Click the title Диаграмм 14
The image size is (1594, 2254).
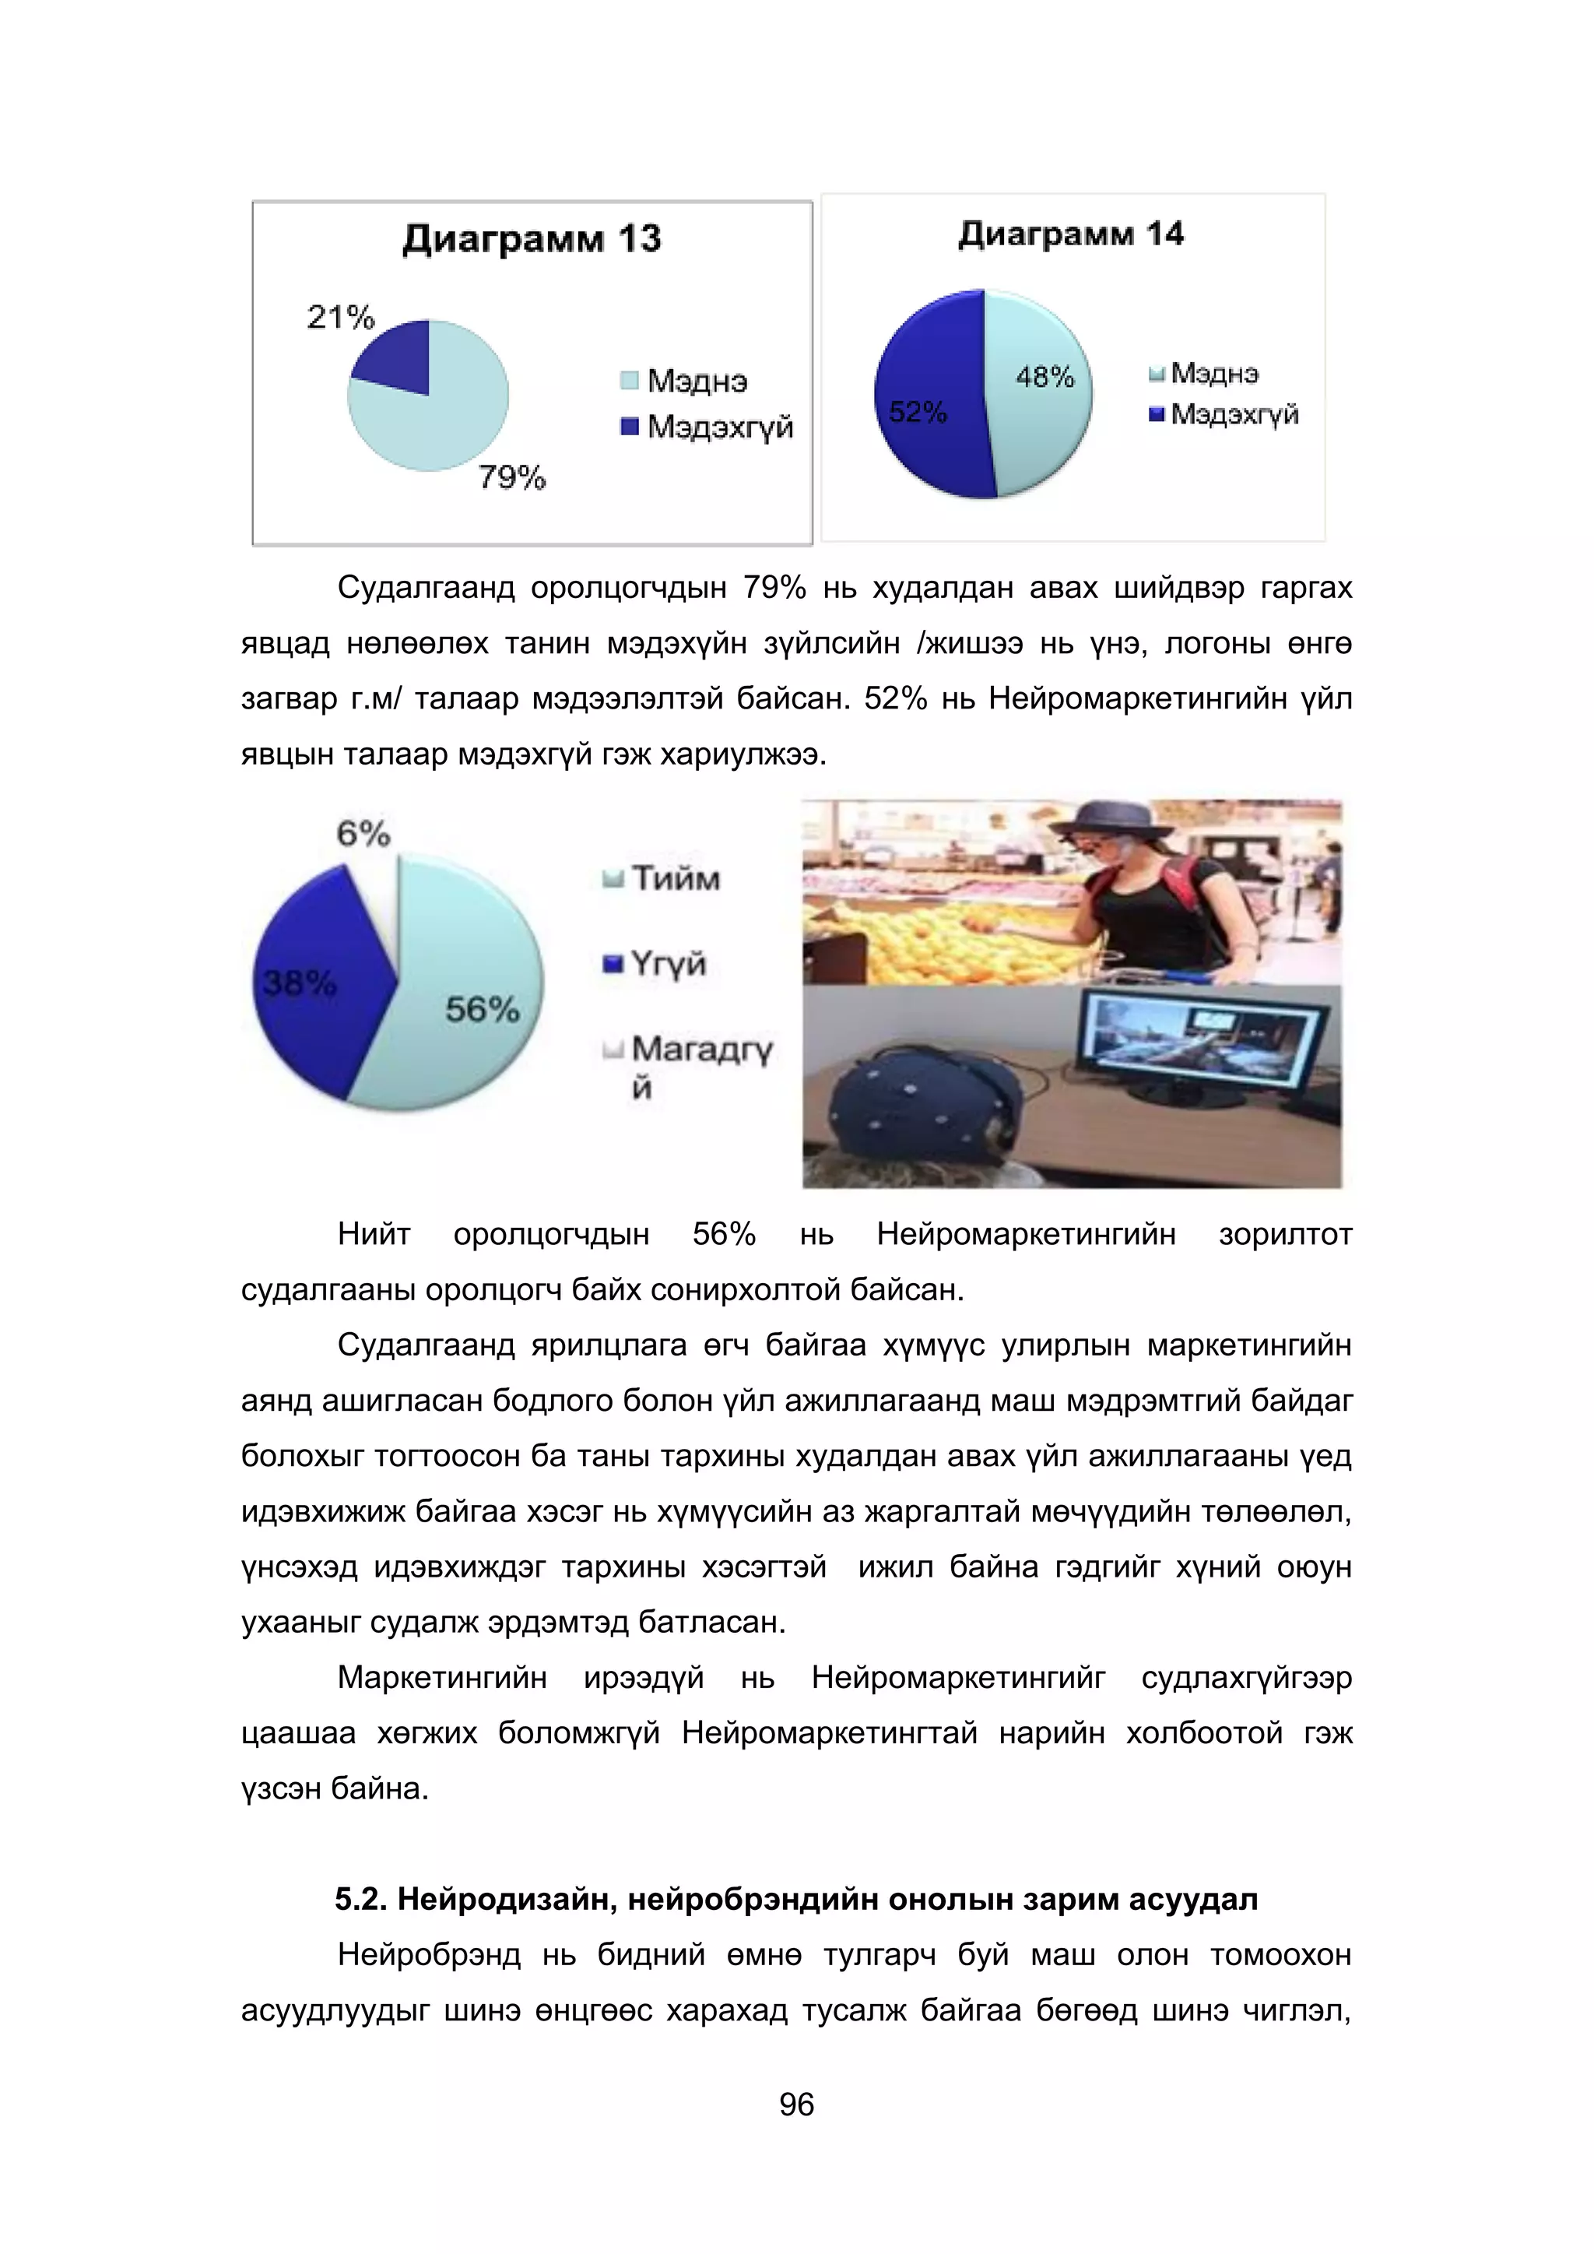pos(1070,234)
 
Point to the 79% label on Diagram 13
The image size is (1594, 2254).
pos(511,478)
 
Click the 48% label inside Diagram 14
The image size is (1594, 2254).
pos(1045,377)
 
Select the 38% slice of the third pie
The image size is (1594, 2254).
pos(314,991)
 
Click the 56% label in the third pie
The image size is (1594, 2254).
pos(482,1009)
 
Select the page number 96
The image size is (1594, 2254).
pos(796,2105)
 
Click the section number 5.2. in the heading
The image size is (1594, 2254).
pos(361,1900)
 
